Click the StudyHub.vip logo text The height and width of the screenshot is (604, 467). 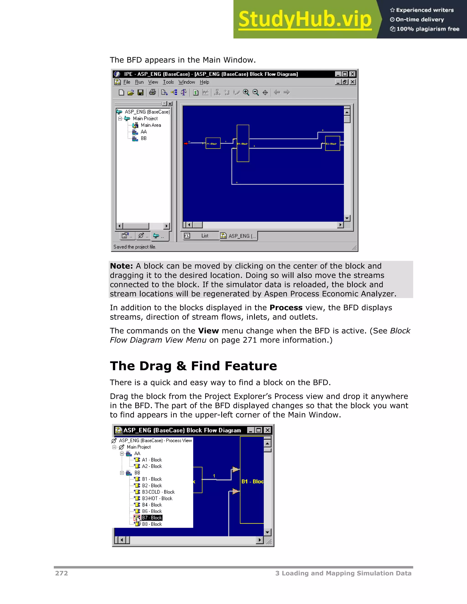pos(305,19)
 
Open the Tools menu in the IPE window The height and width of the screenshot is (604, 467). pos(168,82)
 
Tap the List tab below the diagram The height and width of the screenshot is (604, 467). pos(205,236)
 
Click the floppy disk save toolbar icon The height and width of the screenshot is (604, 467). pos(140,92)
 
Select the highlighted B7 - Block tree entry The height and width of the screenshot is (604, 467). pos(152,518)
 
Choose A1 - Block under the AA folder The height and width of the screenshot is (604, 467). pos(152,460)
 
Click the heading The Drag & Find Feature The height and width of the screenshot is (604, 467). pos(193,366)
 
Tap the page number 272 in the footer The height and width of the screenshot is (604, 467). pos(61,573)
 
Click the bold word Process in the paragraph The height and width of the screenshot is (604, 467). pos(286,308)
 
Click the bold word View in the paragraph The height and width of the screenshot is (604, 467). pos(208,331)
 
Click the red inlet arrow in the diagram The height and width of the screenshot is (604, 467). pos(186,143)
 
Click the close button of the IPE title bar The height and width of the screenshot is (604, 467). pos(352,74)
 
